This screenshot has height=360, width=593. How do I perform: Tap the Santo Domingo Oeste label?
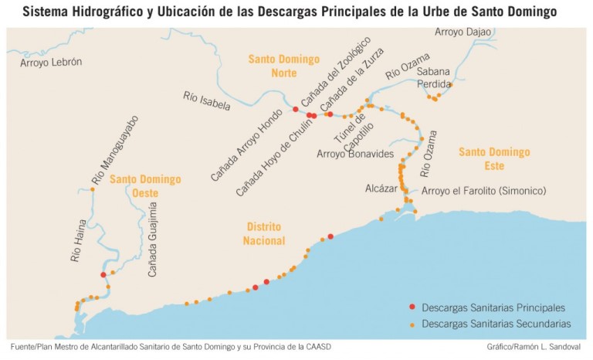(x=144, y=185)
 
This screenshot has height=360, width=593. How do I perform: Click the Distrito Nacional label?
(x=263, y=233)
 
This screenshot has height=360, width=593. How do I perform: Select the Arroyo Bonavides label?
(x=354, y=154)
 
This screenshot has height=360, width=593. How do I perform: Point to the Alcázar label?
(x=381, y=188)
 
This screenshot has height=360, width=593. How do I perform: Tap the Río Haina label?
(x=80, y=244)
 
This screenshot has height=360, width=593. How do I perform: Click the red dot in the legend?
(x=412, y=307)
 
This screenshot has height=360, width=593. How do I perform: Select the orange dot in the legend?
(x=412, y=324)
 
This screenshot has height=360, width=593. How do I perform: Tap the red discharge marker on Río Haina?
(x=103, y=274)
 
